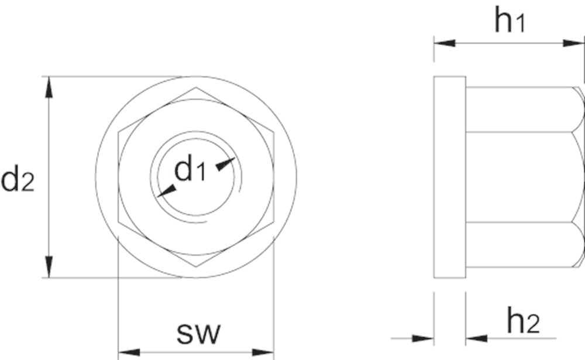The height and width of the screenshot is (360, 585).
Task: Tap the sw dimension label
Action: (199, 334)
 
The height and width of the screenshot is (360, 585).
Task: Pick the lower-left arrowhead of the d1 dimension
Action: (167, 190)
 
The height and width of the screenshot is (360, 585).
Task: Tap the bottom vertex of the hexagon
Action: (196, 266)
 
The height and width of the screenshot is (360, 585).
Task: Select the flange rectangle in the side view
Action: (449, 177)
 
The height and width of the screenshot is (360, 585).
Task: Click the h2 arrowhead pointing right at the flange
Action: (423, 338)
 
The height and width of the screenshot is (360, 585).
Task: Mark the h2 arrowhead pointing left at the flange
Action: (477, 338)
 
